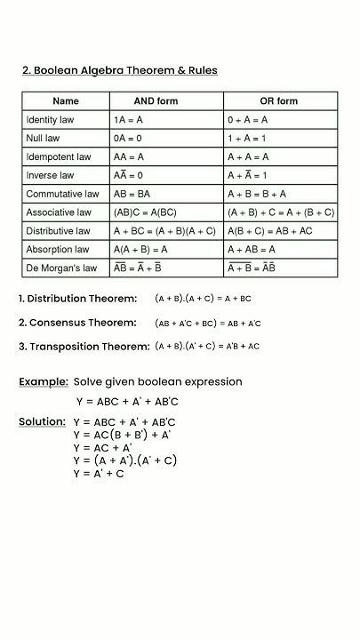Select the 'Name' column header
click(66, 101)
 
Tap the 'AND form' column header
click(156, 101)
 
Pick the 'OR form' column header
click(278, 101)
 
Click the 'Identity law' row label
click(52, 120)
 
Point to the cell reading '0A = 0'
click(127, 139)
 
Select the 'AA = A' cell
click(129, 157)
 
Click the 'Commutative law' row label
click(61, 195)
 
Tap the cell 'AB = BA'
click(132, 195)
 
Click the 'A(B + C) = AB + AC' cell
click(269, 232)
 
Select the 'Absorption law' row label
click(58, 251)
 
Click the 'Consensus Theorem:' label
click(78, 323)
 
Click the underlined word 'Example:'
click(44, 382)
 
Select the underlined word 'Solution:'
click(43, 421)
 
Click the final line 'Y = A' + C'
click(100, 475)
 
